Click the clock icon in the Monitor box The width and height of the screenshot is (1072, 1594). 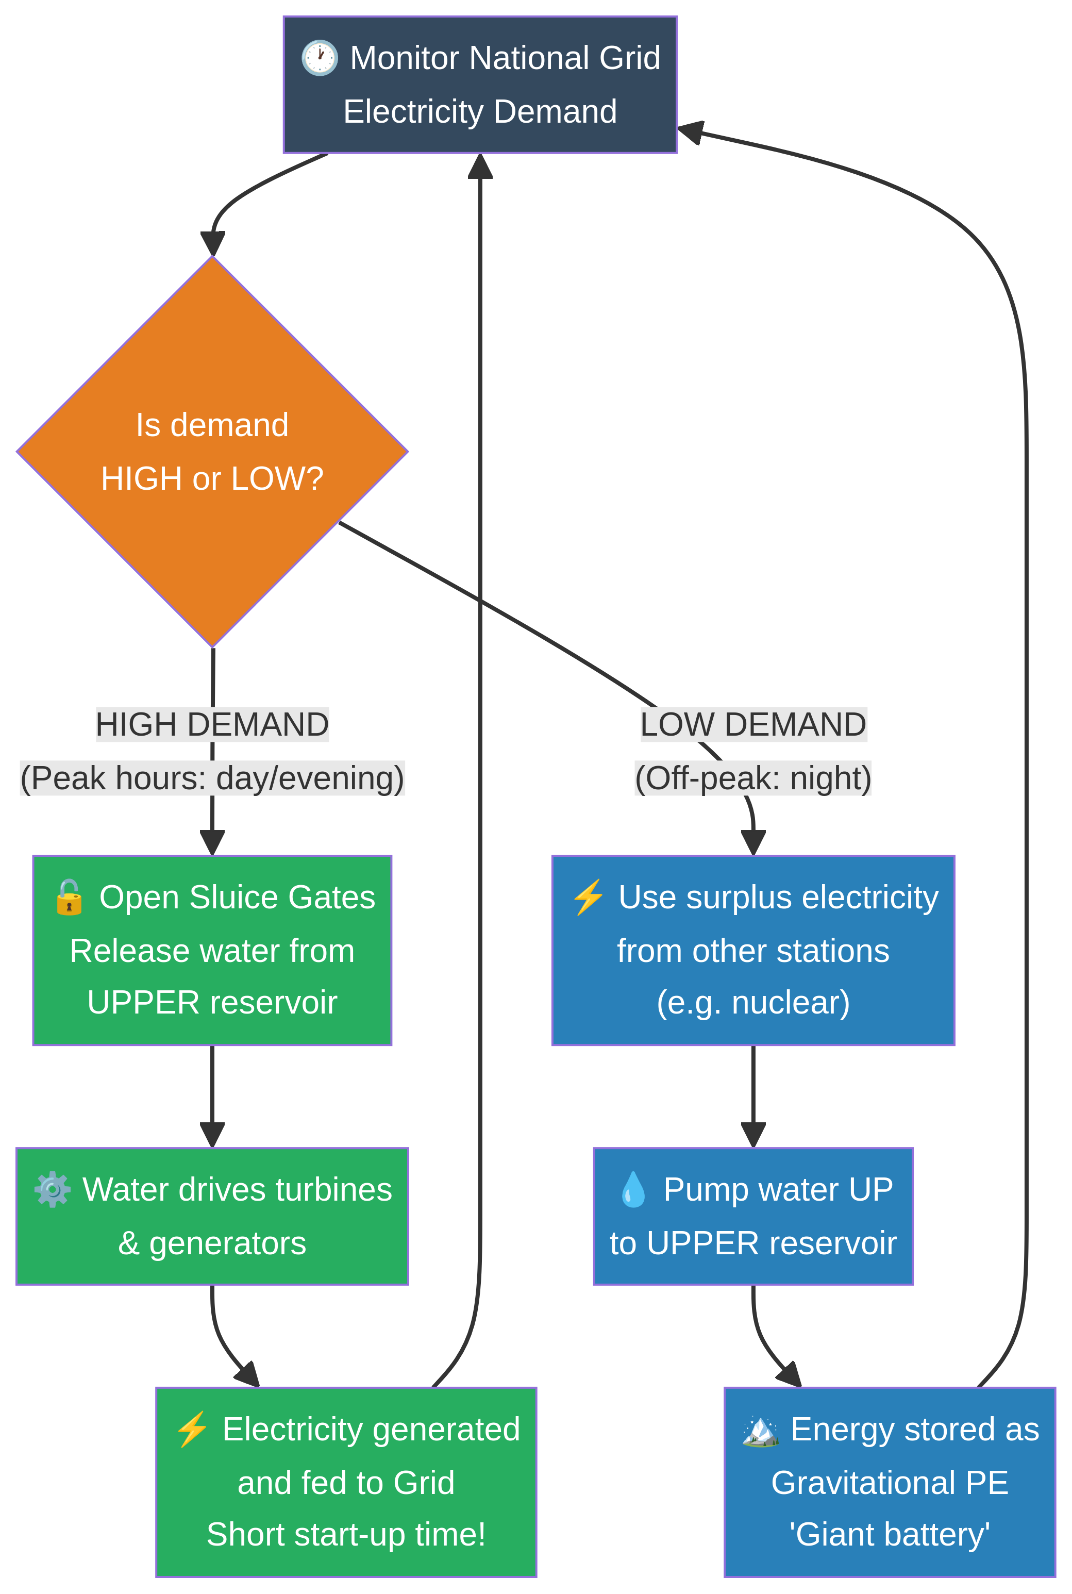pyautogui.click(x=319, y=58)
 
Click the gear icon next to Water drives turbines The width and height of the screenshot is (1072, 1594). pyautogui.click(x=53, y=1190)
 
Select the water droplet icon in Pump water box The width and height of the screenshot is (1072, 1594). pyautogui.click(x=633, y=1190)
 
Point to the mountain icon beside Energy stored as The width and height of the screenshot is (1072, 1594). pyautogui.click(x=760, y=1430)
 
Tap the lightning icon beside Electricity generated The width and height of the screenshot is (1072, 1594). pyautogui.click(x=192, y=1430)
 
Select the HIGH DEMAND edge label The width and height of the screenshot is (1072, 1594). pyautogui.click(x=212, y=724)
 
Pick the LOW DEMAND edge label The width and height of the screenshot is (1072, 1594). pyautogui.click(x=753, y=724)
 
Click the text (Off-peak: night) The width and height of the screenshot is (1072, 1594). pyautogui.click(x=753, y=778)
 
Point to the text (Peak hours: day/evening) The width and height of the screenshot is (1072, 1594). pyautogui.click(x=212, y=778)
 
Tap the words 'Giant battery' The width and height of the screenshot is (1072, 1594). pyautogui.click(x=890, y=1535)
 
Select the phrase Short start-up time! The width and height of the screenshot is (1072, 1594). pyautogui.click(x=346, y=1535)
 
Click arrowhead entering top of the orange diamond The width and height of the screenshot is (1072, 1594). pyautogui.click(x=213, y=244)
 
